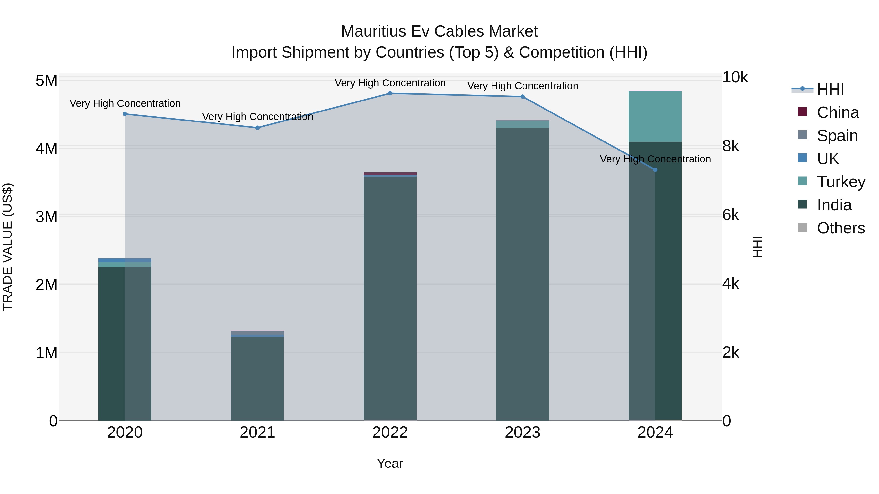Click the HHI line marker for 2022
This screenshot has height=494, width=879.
pos(390,93)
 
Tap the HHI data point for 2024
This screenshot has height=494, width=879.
pos(655,170)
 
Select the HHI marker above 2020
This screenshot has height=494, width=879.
pos(125,114)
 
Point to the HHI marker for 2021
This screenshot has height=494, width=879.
pos(258,128)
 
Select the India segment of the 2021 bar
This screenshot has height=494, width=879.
pos(258,378)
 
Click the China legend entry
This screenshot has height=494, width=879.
pos(837,112)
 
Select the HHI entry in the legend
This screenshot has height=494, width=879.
pos(830,89)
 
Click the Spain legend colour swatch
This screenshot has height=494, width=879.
pos(803,135)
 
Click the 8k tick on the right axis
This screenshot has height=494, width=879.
pos(731,146)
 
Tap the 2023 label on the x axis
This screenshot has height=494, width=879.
pos(523,433)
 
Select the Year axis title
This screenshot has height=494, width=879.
pos(390,463)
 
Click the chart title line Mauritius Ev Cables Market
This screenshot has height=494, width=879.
pos(439,31)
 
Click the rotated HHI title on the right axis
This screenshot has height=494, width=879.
pos(757,247)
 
